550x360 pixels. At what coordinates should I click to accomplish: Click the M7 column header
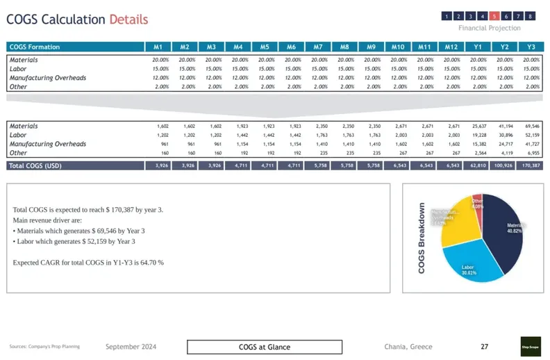click(317, 47)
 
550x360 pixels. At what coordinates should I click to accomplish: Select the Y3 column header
click(531, 47)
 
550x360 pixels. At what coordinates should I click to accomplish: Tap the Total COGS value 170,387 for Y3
click(531, 166)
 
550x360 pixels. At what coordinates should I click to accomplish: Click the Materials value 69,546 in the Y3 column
click(532, 126)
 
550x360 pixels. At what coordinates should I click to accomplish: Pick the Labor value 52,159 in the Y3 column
click(532, 135)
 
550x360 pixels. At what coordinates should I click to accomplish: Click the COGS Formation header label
click(35, 47)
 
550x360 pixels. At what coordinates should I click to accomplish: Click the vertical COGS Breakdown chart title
click(422, 238)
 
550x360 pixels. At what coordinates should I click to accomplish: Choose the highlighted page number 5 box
click(494, 16)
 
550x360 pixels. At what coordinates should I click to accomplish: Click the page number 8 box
click(531, 16)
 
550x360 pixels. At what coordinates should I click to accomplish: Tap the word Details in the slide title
click(128, 19)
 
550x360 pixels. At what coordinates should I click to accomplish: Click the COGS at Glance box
click(265, 347)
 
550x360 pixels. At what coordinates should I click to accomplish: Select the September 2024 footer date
click(131, 347)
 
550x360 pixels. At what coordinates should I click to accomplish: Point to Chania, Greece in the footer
click(408, 347)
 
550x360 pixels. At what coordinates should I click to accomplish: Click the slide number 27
click(485, 346)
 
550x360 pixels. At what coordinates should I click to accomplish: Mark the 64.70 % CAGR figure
click(150, 263)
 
